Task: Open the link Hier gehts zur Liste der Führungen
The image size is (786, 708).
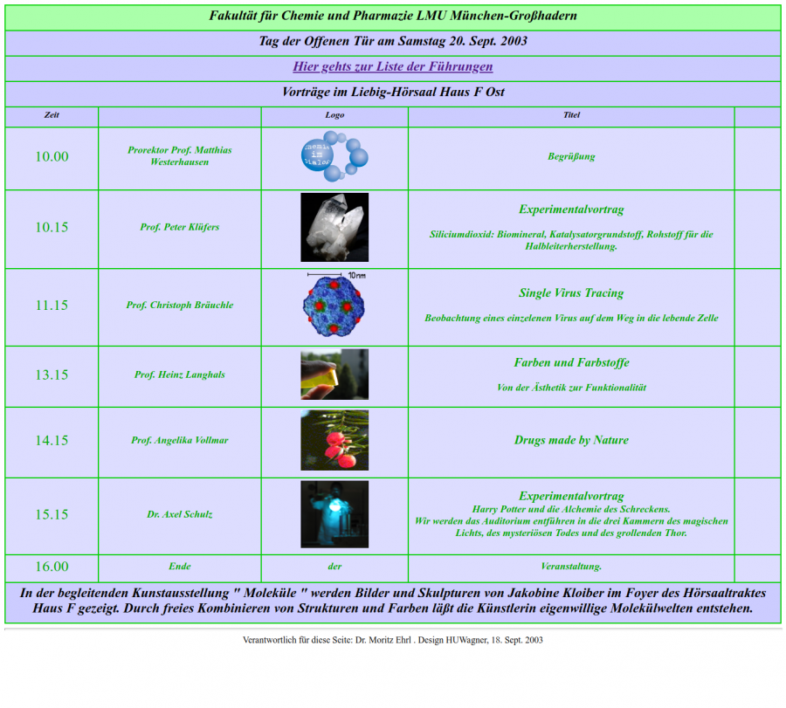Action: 392,66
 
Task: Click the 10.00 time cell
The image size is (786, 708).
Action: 52,157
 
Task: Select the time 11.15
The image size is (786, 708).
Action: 52,306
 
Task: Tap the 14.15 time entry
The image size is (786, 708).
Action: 52,441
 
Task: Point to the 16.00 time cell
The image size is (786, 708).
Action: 52,567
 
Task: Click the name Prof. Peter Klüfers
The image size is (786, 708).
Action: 180,227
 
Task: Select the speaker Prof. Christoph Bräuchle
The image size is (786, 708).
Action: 180,306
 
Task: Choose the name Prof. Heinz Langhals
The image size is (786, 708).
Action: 180,375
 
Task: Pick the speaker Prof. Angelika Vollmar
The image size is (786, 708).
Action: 180,441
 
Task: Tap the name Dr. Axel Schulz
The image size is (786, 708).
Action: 180,515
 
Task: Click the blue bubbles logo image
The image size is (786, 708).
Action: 334,157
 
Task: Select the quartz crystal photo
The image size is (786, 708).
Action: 334,227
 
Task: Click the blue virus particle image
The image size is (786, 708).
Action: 334,306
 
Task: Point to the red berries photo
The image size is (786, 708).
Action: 334,441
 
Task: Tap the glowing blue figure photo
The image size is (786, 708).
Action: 334,515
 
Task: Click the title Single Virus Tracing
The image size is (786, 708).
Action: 571,293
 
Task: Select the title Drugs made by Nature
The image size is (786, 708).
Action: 571,441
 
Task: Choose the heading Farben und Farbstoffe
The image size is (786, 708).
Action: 571,363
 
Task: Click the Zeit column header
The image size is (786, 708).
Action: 52,115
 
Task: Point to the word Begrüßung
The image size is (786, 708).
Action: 571,157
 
